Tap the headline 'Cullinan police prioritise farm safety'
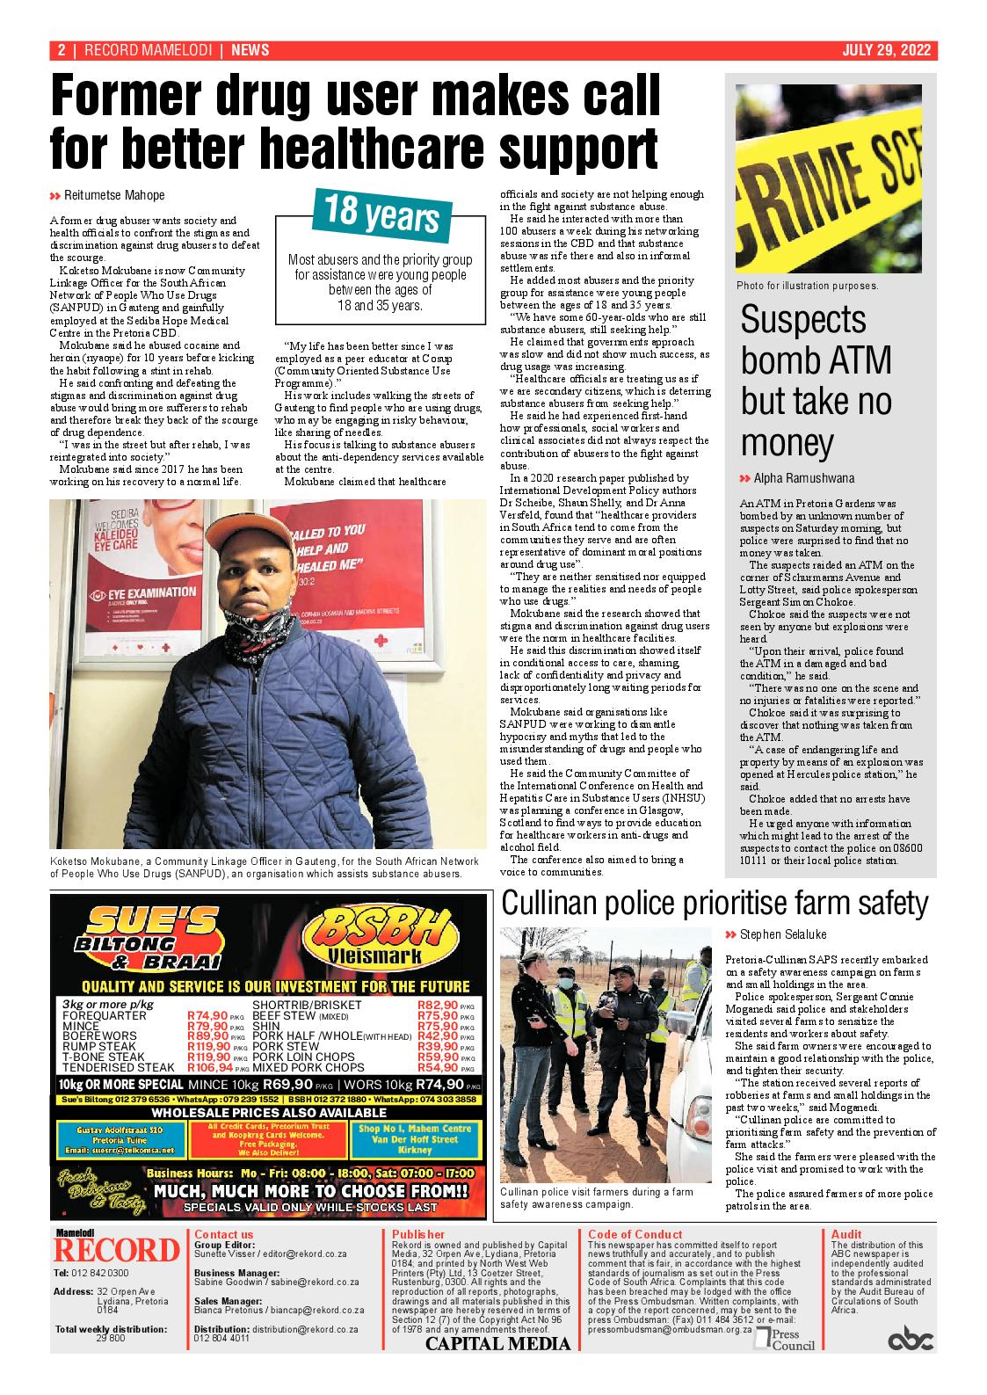click(x=714, y=903)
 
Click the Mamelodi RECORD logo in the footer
click(x=117, y=1249)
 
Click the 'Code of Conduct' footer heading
click(x=635, y=1234)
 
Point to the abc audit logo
click(x=910, y=1340)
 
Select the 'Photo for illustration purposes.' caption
click(x=807, y=286)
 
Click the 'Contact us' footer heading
click(x=224, y=1234)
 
